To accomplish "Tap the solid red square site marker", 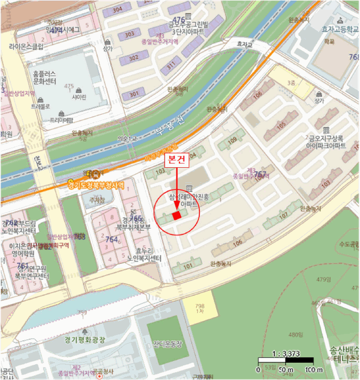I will coord(176,216).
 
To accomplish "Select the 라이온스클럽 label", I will coord(26,47).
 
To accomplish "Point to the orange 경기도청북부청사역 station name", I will coord(98,185).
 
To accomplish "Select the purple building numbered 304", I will coord(117,9).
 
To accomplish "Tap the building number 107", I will coord(282,216).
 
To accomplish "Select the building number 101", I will coord(188,267).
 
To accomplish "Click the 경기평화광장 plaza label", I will coord(84,340).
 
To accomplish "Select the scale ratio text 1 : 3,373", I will coord(285,353).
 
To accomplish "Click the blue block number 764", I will coord(112,239).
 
